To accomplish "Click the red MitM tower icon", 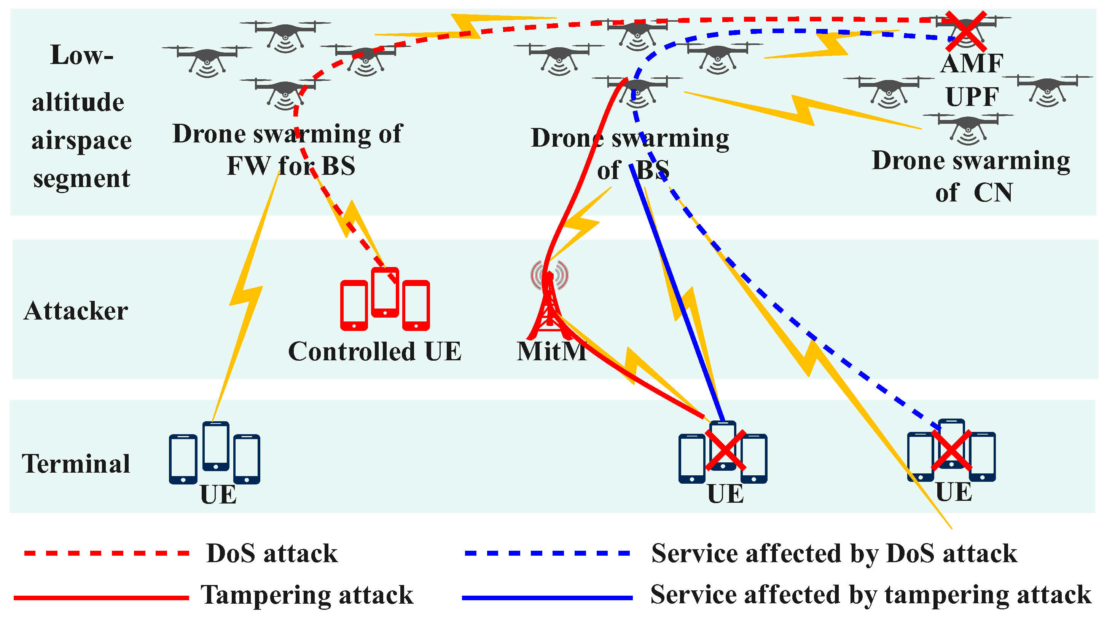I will click(549, 303).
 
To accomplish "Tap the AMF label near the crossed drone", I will click(972, 64).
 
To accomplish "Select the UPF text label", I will click(972, 97).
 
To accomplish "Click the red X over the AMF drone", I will click(967, 31).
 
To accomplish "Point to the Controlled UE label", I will click(375, 352).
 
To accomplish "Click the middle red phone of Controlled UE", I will click(385, 293).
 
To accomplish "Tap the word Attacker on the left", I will click(76, 311).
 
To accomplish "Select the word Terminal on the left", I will click(76, 464).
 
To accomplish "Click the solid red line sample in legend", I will click(102, 598).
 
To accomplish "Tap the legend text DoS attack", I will click(272, 553).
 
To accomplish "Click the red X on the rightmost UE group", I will click(951, 450).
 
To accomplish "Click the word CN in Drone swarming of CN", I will click(993, 193).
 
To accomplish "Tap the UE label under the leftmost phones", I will click(218, 494).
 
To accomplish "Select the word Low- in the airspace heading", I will click(82, 55).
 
